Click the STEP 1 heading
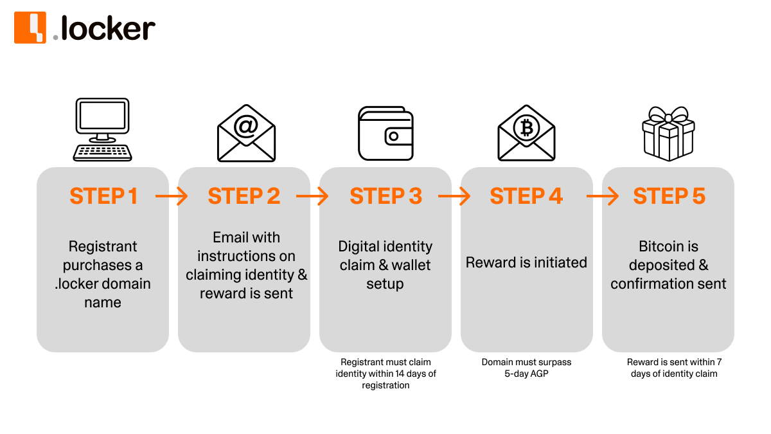tap(103, 196)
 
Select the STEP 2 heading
tap(244, 196)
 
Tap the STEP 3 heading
tap(385, 196)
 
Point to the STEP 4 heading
tap(526, 196)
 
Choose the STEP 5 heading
tap(669, 196)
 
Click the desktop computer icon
tap(103, 129)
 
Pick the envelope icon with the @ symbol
tap(246, 133)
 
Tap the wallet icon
tap(385, 133)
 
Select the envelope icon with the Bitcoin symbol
tap(526, 133)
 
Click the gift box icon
tap(668, 134)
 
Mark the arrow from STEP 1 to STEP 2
tap(172, 196)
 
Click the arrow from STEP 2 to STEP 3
tap(313, 196)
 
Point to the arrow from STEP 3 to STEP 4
tap(455, 196)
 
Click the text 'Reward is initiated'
tap(526, 262)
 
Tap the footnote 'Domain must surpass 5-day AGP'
tap(526, 368)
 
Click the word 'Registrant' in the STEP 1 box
tap(103, 246)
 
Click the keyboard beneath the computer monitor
tap(103, 152)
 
